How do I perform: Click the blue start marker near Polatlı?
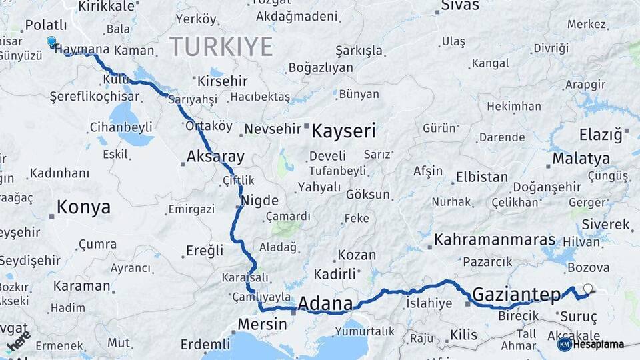pyautogui.click(x=51, y=41)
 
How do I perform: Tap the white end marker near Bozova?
pyautogui.click(x=587, y=289)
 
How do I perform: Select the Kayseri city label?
pyautogui.click(x=344, y=130)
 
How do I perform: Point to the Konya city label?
pyautogui.click(x=83, y=207)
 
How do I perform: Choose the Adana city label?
pyautogui.click(x=325, y=304)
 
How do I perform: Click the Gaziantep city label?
pyautogui.click(x=517, y=294)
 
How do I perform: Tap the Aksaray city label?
pyautogui.click(x=215, y=157)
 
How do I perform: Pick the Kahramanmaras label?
pyautogui.click(x=495, y=240)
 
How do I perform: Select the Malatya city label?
pyautogui.click(x=581, y=159)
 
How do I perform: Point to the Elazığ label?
pyautogui.click(x=600, y=135)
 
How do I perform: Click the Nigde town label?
pyautogui.click(x=259, y=201)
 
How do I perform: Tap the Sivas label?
pyautogui.click(x=461, y=6)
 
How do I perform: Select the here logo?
pyautogui.click(x=18, y=342)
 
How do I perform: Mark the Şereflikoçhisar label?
pyautogui.click(x=90, y=97)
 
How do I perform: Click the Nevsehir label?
pyautogui.click(x=273, y=129)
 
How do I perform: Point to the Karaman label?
pyautogui.click(x=82, y=285)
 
